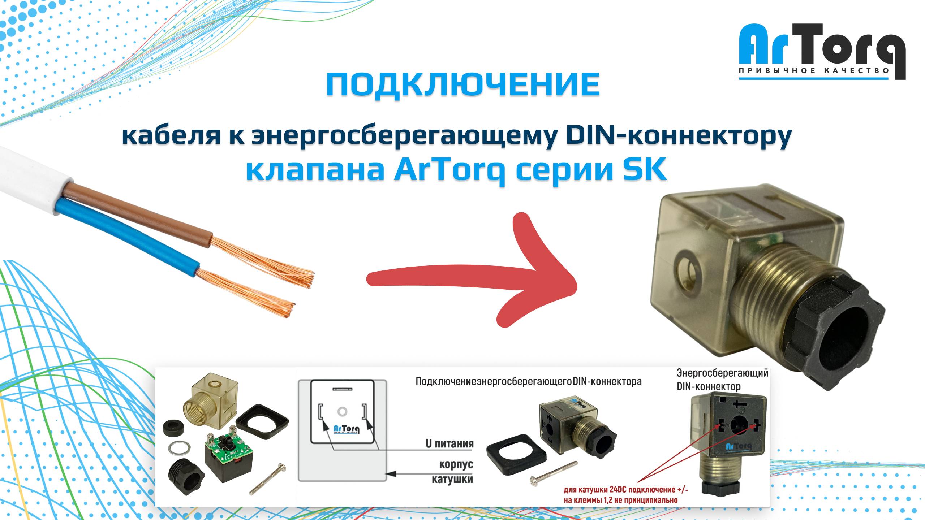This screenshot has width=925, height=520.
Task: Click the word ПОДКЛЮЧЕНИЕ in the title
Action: pos(463,85)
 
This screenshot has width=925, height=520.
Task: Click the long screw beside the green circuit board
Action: pos(268,478)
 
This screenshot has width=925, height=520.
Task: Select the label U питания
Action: pos(449,443)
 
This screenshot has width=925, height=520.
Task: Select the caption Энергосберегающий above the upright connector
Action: pos(722,372)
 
